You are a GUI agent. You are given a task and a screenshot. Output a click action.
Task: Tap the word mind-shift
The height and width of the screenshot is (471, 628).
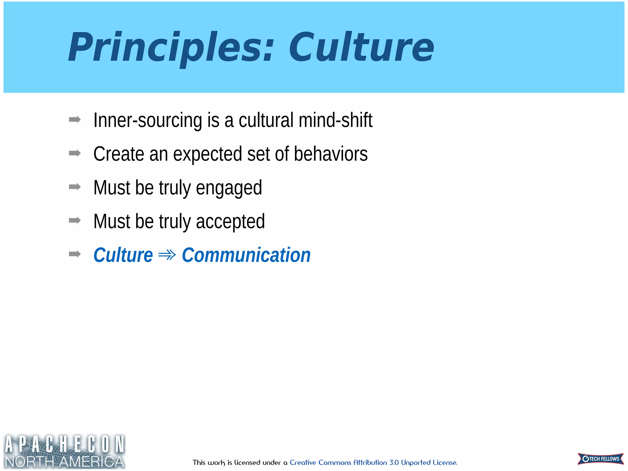(335, 120)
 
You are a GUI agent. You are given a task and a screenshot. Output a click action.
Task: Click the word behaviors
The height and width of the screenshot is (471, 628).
(331, 154)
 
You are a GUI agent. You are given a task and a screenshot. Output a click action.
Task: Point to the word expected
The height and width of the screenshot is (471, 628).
(208, 155)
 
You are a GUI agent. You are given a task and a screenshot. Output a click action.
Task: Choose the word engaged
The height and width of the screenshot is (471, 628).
(229, 188)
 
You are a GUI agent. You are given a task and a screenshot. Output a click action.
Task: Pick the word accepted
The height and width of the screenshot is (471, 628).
(230, 222)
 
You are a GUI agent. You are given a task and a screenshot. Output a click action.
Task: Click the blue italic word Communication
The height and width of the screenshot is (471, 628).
(246, 255)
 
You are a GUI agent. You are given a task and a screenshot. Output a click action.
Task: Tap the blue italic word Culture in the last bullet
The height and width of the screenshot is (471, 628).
(123, 255)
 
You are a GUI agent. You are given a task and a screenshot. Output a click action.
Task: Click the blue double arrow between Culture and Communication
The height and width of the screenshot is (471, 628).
(167, 255)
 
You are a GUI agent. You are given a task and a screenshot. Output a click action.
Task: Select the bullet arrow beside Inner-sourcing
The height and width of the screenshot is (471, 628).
(75, 120)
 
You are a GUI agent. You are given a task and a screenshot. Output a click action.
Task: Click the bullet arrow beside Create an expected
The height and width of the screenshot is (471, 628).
(75, 153)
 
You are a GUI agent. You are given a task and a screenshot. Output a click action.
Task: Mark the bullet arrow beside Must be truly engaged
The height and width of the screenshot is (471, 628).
(75, 187)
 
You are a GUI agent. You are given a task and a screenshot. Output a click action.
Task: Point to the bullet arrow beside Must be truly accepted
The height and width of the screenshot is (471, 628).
(75, 220)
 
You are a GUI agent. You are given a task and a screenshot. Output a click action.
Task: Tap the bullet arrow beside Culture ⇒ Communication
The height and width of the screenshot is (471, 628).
(75, 254)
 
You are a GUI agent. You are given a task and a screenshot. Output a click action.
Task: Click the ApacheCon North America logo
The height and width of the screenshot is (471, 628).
(64, 451)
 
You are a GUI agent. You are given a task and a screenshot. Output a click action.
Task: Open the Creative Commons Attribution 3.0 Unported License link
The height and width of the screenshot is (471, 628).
(373, 462)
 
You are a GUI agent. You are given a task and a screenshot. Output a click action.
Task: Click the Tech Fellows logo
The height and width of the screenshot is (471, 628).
(600, 459)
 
